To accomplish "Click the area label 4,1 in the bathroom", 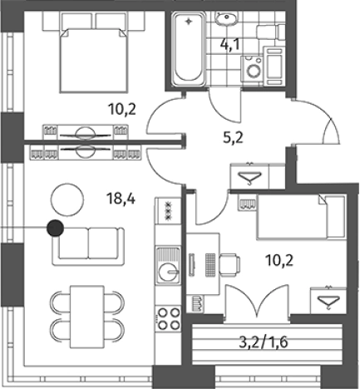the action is coord(229,45).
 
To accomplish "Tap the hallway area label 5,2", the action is coord(233,138).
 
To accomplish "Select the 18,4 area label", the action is coord(121,199).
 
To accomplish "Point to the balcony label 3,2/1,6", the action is coord(264,342).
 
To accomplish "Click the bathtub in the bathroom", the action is coord(189,48).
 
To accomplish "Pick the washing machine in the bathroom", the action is coord(251,69).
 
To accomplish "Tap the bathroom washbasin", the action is coord(226,18).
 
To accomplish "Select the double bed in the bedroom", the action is coord(93,60).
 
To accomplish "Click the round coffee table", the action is coord(67,199).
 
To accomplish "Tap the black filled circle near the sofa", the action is coord(55,229).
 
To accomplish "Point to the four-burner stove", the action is coord(168,318).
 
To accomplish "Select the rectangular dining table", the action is coord(87,317).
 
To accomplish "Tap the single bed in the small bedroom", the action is coord(302,217).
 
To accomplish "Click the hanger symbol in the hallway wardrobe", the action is coord(250,177).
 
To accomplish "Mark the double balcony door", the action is coord(258,303).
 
